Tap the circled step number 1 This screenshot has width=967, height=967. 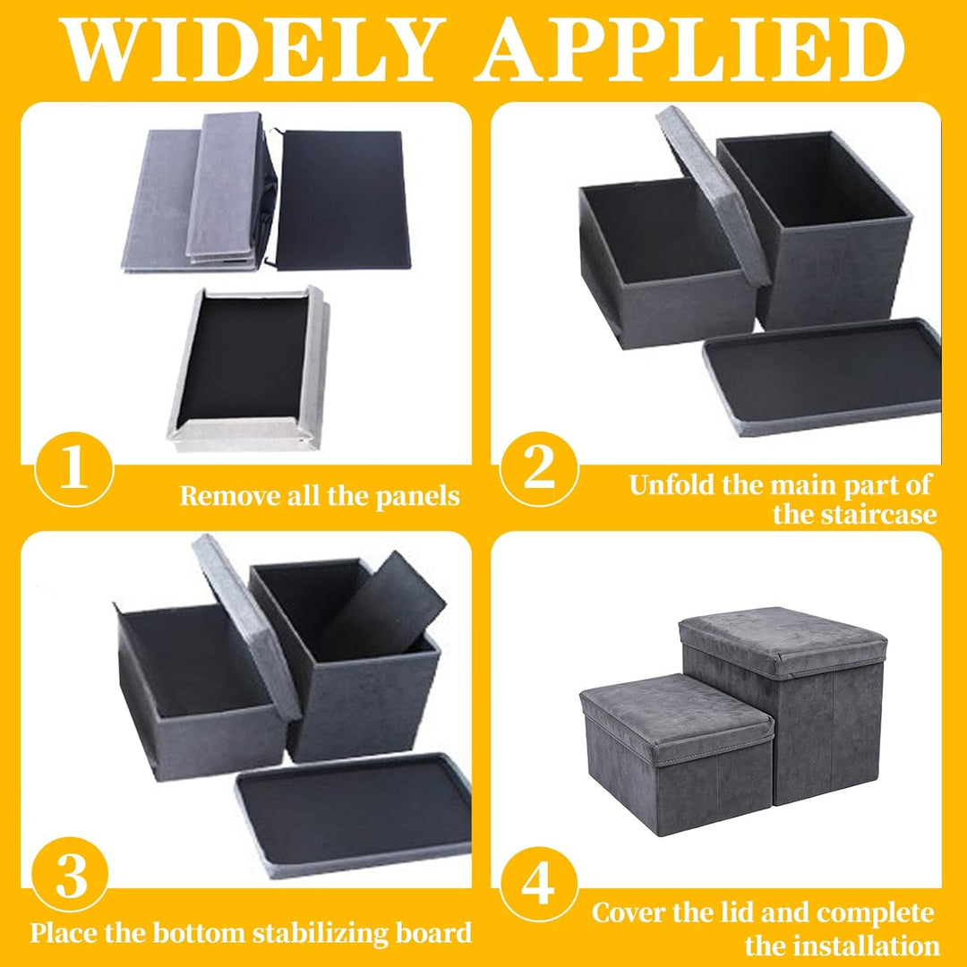(x=74, y=469)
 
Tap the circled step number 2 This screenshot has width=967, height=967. (x=539, y=469)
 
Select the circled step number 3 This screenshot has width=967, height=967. (x=71, y=875)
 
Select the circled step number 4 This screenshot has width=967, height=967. (x=538, y=885)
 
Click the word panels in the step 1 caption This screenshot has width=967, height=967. (x=417, y=496)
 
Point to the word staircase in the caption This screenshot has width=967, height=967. (x=855, y=514)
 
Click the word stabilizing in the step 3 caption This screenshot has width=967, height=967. (x=321, y=933)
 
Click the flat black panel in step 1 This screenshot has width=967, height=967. (x=343, y=200)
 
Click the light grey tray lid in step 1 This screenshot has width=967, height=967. (x=249, y=368)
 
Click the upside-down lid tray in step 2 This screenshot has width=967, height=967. (x=822, y=376)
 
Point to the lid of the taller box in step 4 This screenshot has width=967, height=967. (x=783, y=641)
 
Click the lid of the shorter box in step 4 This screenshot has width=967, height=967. (x=677, y=716)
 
